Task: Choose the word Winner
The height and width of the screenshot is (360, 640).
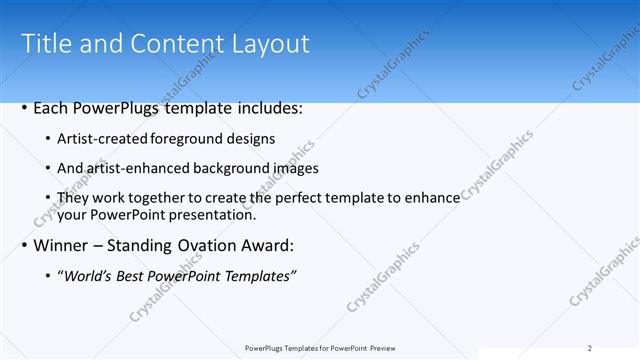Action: pos(63,245)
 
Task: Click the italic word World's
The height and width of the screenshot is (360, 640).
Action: pos(87,276)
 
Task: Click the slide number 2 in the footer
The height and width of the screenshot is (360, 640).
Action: pos(589,348)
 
